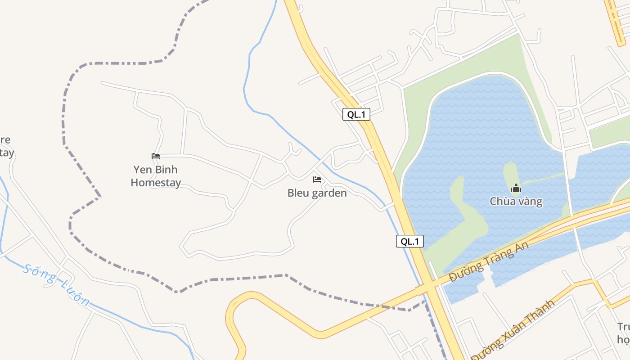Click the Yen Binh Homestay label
tap(156, 176)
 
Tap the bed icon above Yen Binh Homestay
tap(156, 156)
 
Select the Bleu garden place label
tap(317, 193)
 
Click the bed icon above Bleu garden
tap(317, 180)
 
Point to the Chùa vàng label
tap(516, 201)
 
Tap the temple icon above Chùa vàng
tap(516, 188)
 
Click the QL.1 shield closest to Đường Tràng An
tap(409, 241)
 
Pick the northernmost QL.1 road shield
tap(356, 114)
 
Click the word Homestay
tap(156, 183)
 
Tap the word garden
tap(330, 193)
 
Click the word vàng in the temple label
tap(529, 201)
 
